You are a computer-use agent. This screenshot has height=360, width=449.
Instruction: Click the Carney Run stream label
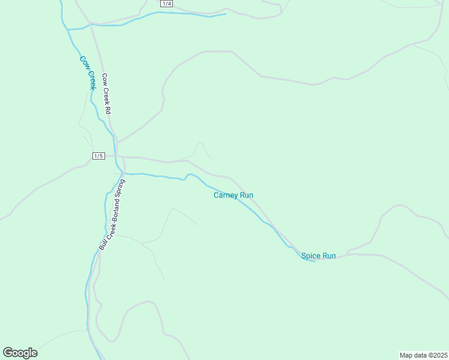(234, 195)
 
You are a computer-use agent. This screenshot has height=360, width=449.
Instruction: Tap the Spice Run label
(318, 256)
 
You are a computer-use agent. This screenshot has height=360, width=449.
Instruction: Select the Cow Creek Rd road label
(107, 94)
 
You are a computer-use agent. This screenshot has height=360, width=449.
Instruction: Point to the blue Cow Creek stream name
(88, 73)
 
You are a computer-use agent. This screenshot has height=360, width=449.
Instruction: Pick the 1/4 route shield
(167, 4)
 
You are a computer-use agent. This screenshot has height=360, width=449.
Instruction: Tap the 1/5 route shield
(99, 156)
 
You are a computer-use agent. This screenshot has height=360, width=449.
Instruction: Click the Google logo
(20, 353)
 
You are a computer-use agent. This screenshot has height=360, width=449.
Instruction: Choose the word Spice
(311, 256)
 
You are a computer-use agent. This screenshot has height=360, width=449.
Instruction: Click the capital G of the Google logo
(8, 352)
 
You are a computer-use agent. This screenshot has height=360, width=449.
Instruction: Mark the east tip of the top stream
(226, 14)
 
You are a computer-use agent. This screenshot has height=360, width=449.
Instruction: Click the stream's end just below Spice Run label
(314, 262)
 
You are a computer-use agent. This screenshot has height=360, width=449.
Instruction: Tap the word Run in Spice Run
(329, 256)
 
